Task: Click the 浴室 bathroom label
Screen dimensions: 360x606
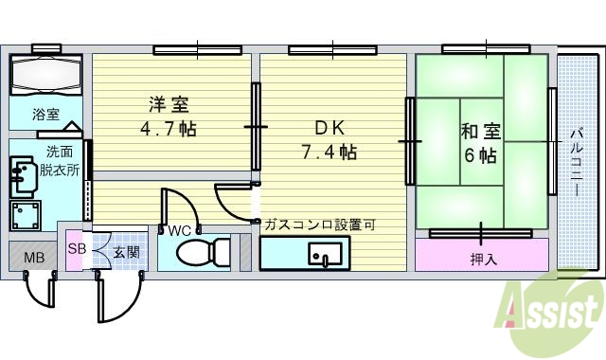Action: click(46, 115)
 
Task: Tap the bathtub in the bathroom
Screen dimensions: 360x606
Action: click(47, 75)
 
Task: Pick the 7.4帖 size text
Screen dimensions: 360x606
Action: click(329, 151)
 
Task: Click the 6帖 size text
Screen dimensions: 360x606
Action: click(480, 155)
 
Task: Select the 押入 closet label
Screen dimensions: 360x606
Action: click(483, 257)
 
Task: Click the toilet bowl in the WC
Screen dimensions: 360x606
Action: click(203, 253)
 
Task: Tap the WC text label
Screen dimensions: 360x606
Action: click(181, 229)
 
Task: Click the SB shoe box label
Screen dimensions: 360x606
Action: click(76, 249)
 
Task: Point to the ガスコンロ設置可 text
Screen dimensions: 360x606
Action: click(320, 225)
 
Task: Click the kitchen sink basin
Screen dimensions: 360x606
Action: click(327, 255)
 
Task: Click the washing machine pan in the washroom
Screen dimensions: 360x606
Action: click(27, 213)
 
